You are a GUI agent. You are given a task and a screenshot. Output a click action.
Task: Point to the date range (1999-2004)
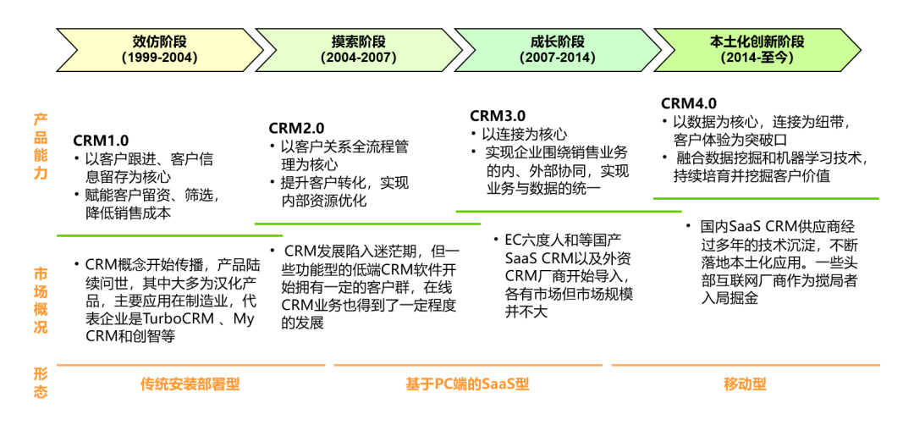pyautogui.click(x=159, y=58)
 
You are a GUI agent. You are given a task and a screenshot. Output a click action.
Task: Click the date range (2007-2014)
pyautogui.click(x=557, y=58)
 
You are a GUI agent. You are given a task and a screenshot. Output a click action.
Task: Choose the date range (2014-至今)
pyautogui.click(x=757, y=58)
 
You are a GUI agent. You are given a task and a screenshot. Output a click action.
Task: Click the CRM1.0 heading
pyautogui.click(x=101, y=140)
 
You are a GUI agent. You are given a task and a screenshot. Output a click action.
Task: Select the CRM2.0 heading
pyautogui.click(x=296, y=128)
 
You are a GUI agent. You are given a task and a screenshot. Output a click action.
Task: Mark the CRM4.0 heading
pyautogui.click(x=689, y=103)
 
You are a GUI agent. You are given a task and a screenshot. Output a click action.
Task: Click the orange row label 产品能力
pyautogui.click(x=41, y=146)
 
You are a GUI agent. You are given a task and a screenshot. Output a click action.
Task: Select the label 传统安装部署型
pyautogui.click(x=190, y=384)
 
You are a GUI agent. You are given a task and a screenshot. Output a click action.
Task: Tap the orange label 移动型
pyautogui.click(x=745, y=384)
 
